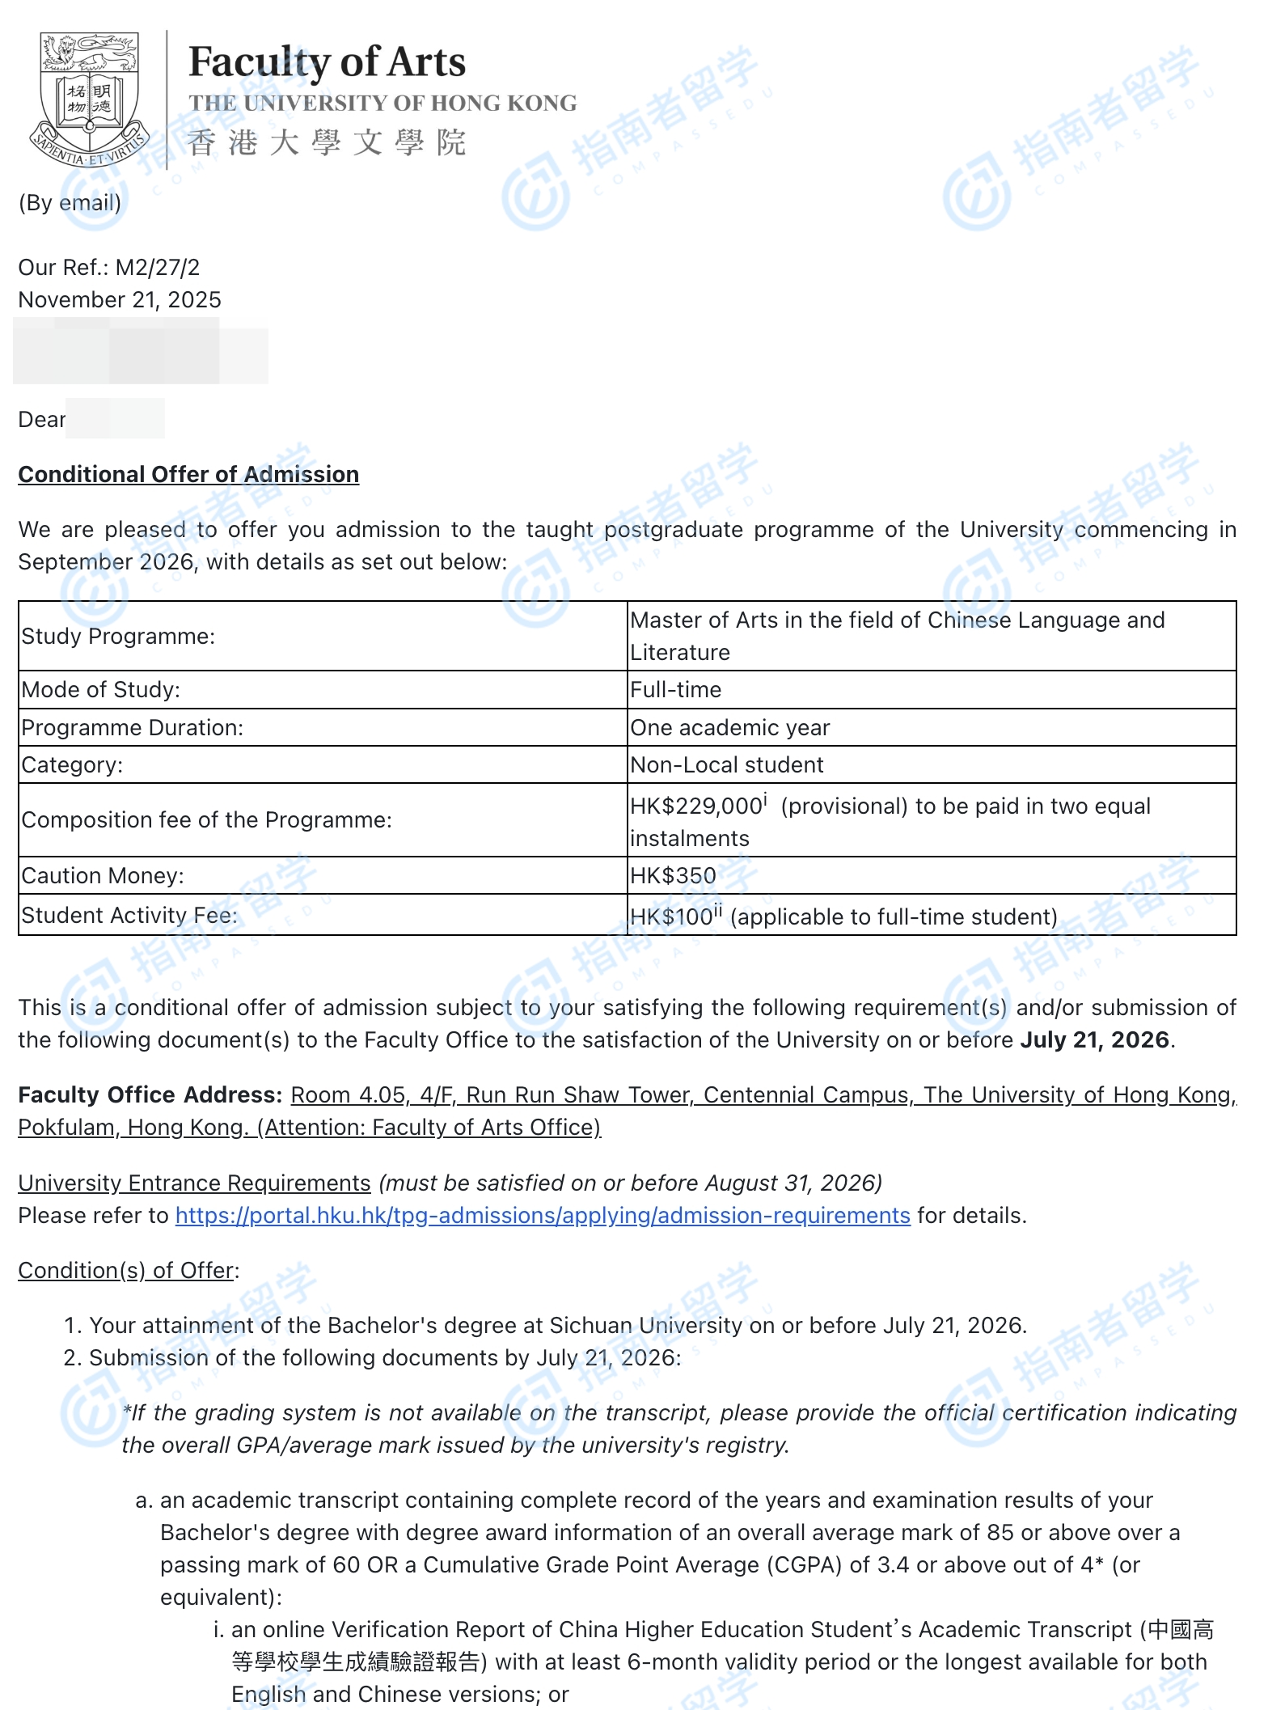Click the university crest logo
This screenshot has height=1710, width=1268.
pos(89,99)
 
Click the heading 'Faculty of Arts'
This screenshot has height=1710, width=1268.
pos(327,62)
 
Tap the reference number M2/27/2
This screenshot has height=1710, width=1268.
pos(158,267)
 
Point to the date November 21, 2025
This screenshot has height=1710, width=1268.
pos(120,300)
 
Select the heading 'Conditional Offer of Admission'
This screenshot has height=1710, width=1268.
pos(188,474)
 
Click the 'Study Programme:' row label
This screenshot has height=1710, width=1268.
pos(119,637)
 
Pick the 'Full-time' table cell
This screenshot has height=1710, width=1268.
pos(676,690)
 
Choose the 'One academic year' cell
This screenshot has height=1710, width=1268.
pos(730,728)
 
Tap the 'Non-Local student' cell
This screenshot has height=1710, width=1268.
pos(727,765)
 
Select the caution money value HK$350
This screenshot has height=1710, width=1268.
pos(674,876)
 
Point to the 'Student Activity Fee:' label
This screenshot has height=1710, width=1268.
pos(130,916)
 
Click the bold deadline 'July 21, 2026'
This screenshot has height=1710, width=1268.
pos(1095,1040)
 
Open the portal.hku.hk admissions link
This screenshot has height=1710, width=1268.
pos(543,1216)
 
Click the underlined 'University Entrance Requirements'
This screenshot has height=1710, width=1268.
pos(194,1183)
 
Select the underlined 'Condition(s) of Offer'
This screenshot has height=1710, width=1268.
pos(126,1271)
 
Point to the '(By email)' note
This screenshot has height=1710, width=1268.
pos(70,202)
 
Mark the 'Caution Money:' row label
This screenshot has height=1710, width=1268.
pos(103,876)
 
